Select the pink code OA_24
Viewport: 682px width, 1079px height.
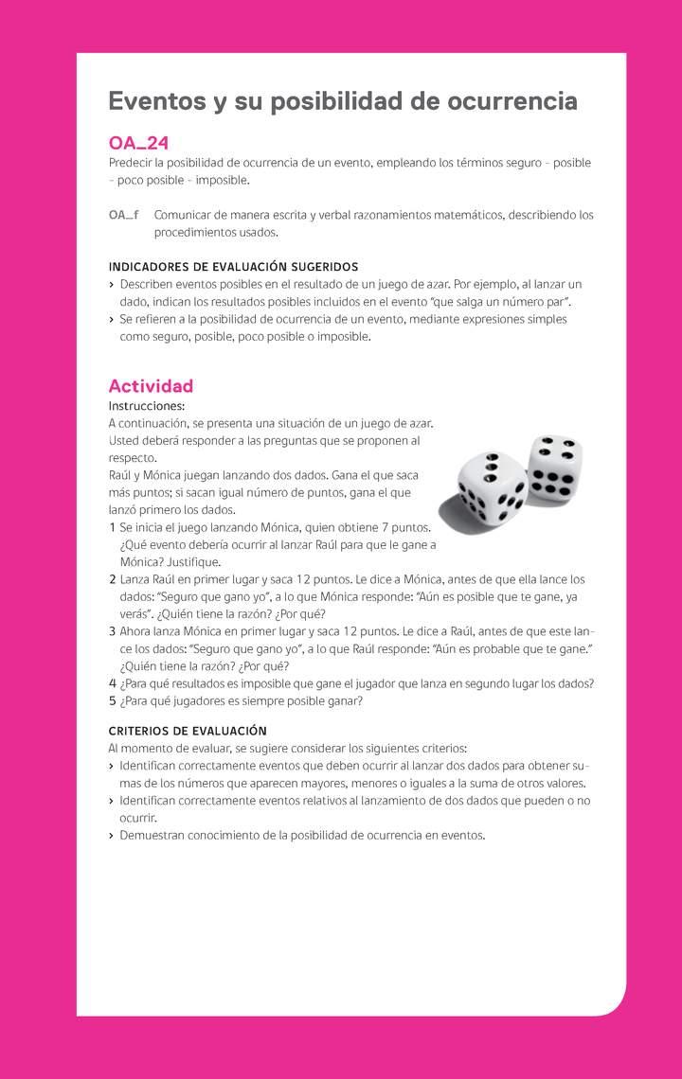138,144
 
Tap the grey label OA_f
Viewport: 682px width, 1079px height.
124,215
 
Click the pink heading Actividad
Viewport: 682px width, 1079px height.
151,385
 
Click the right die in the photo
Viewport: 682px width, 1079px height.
555,468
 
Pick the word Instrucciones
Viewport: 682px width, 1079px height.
147,405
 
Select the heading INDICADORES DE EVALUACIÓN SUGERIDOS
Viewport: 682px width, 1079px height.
233,267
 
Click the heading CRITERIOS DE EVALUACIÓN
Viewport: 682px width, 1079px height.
188,731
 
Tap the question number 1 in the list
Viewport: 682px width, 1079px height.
112,527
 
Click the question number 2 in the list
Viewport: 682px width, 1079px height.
112,579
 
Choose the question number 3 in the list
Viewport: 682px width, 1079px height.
112,631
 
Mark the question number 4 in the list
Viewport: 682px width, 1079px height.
112,683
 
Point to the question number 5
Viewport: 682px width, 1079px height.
112,701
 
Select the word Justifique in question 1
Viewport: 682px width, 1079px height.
193,562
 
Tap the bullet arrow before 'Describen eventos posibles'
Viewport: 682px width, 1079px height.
112,284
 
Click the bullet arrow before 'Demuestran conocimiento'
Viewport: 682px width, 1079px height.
112,836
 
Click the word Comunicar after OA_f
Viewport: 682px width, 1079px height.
185,215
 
